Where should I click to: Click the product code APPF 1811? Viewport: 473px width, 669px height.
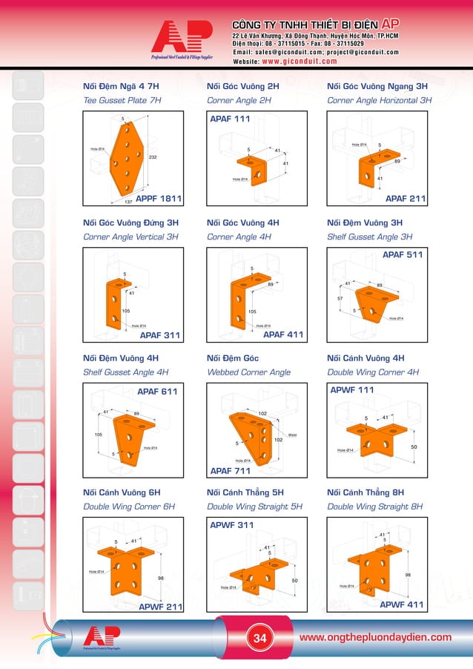(x=160, y=199)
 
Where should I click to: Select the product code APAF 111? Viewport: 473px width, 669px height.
(x=231, y=119)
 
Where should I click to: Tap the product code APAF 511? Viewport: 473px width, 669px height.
(x=403, y=254)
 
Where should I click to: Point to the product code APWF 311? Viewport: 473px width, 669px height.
(x=232, y=525)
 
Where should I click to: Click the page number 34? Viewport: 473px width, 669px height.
(x=260, y=638)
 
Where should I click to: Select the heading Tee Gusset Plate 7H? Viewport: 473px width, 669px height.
(x=122, y=100)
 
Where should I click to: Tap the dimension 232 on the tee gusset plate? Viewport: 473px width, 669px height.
(x=153, y=157)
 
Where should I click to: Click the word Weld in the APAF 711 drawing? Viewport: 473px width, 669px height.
(x=292, y=435)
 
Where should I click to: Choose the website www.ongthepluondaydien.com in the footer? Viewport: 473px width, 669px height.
(x=374, y=637)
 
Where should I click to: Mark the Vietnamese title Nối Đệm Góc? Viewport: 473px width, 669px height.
(x=232, y=357)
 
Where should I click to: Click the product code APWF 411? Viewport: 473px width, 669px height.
(x=402, y=605)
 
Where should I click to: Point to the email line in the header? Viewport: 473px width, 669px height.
(x=315, y=52)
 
